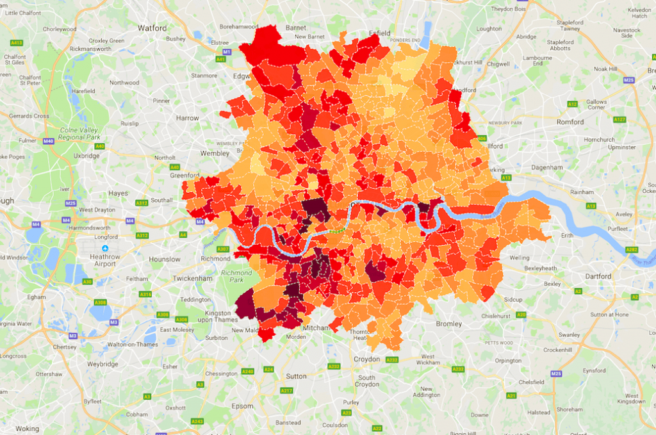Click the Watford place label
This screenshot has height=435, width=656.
(x=152, y=28)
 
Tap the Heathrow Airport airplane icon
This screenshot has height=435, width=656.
(x=105, y=249)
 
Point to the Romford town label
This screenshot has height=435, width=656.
(x=570, y=122)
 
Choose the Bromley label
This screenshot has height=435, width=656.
(x=448, y=324)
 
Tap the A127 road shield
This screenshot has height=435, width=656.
(x=619, y=119)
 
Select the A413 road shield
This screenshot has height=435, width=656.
(x=17, y=42)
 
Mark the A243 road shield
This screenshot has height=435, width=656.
(x=197, y=421)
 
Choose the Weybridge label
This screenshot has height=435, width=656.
(x=103, y=364)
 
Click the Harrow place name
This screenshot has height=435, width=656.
(x=188, y=118)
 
